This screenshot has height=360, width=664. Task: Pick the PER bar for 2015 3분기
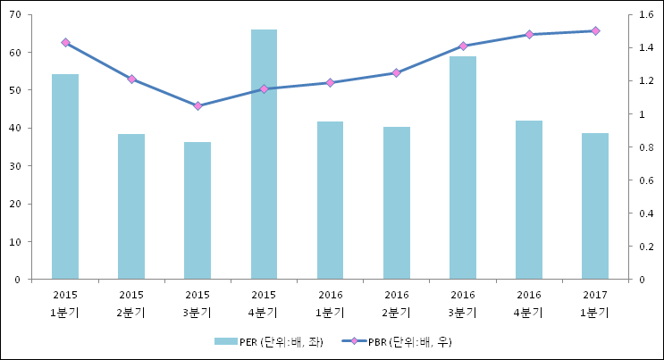click(198, 210)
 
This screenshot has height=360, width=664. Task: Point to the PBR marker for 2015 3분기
click(198, 105)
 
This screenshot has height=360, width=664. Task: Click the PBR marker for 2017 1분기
click(595, 30)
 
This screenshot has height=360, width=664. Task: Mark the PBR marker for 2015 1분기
click(65, 42)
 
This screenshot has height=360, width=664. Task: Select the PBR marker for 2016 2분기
click(397, 72)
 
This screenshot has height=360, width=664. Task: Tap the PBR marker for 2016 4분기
click(529, 34)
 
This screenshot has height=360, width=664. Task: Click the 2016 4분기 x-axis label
click(529, 303)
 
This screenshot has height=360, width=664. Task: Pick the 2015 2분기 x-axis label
click(131, 303)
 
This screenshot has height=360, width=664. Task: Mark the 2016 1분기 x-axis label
click(331, 303)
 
